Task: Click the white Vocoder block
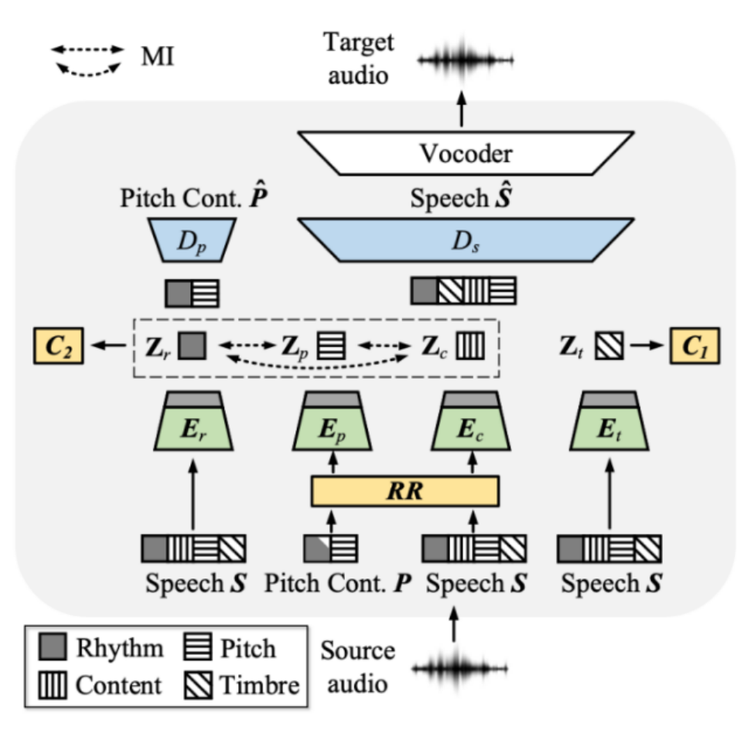[466, 153]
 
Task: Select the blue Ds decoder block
[466, 240]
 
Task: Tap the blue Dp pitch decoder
[192, 240]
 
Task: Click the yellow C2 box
[58, 346]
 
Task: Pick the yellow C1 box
[695, 346]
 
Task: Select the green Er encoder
[193, 421]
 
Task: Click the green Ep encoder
[332, 421]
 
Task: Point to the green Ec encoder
[471, 421]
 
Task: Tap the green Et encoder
[609, 421]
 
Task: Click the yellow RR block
[404, 491]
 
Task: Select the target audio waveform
[466, 60]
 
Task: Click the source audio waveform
[459, 669]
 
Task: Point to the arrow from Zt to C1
[647, 346]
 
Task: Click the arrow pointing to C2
[108, 346]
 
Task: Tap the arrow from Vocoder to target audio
[461, 109]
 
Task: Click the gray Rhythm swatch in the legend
[52, 646]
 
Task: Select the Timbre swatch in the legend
[198, 685]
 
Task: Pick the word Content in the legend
[118, 685]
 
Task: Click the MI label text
[158, 56]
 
